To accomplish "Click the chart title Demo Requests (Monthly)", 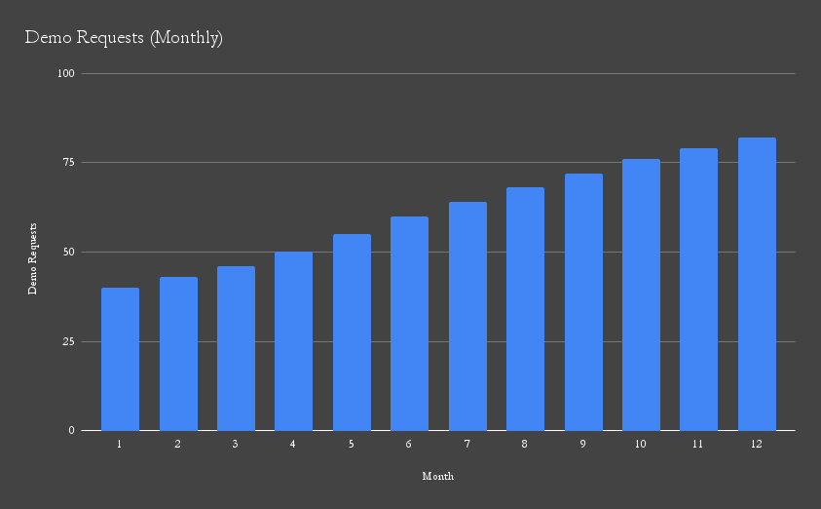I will tap(124, 38).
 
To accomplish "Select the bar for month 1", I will tap(120, 359).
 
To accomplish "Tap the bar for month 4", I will tap(293, 341).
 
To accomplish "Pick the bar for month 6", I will tap(409, 324).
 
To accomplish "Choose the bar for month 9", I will tap(583, 302).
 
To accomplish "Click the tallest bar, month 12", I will tap(757, 284).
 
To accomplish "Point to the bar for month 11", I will tap(698, 290).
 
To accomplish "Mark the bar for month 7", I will tap(467, 316).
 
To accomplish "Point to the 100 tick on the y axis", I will tap(67, 73).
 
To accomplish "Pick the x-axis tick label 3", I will tap(236, 445).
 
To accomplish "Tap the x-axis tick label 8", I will tap(525, 445).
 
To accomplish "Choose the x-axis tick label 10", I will tap(641, 445).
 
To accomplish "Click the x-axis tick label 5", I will tap(352, 445).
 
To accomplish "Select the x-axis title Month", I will tap(437, 477).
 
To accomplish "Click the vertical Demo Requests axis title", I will tap(32, 257).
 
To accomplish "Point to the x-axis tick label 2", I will tap(178, 445).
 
